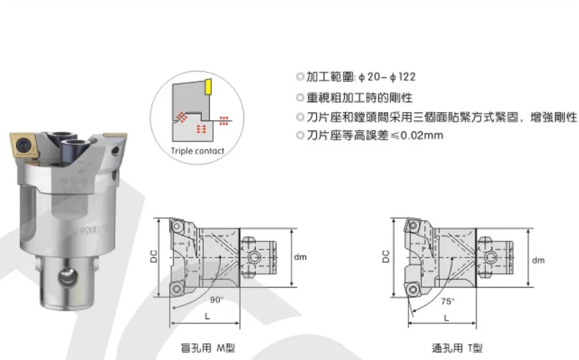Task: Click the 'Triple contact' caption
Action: coord(197,151)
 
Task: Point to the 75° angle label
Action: coord(447,302)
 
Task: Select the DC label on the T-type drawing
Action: coord(386,255)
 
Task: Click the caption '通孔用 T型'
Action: coord(456,348)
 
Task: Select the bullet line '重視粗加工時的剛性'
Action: coord(359,97)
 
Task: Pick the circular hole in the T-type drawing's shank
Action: coord(492,256)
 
